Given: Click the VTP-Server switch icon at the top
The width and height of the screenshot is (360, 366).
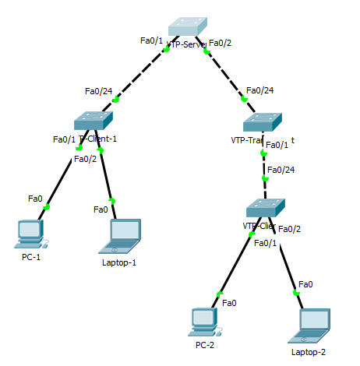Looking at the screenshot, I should click(188, 26).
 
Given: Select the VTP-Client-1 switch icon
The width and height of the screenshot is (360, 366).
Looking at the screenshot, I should click(94, 120).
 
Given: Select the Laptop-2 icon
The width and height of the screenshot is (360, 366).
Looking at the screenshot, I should click(309, 325).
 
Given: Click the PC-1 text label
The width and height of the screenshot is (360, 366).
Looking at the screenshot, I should click(31, 258).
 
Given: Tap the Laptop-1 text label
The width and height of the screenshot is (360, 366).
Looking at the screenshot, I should click(119, 262).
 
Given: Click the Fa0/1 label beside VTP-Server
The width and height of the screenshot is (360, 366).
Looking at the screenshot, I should click(151, 40).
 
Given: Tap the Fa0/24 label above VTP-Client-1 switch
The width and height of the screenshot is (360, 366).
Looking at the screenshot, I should click(97, 91).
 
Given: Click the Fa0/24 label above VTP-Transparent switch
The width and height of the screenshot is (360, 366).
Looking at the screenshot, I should click(259, 90).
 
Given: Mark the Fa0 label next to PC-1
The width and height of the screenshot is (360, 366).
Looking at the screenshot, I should click(35, 199).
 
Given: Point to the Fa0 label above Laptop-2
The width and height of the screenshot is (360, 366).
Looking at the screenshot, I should click(305, 284).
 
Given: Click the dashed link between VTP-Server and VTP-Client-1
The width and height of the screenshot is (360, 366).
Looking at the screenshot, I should click(141, 75).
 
